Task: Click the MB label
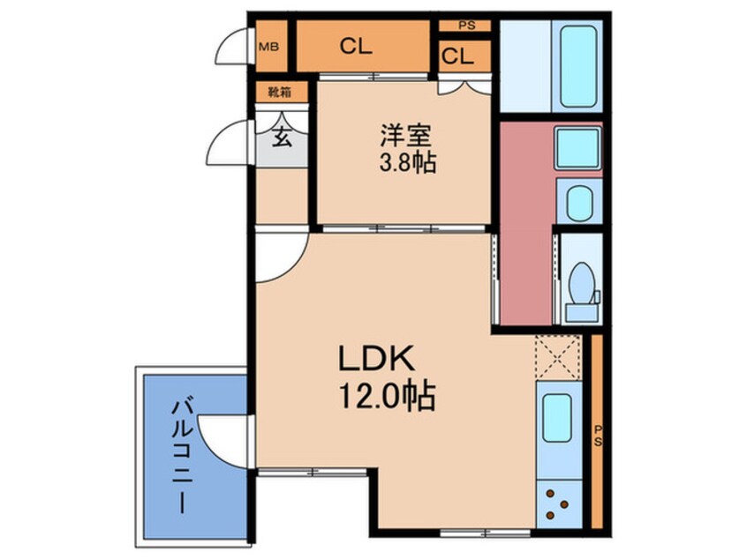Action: (x=268, y=47)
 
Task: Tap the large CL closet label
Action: (x=356, y=47)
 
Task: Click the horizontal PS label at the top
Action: (x=467, y=26)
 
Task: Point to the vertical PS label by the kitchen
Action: (x=598, y=435)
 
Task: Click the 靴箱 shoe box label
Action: (x=280, y=93)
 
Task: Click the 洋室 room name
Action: (x=405, y=136)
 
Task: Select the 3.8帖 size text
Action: (x=407, y=163)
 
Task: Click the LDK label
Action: (x=376, y=358)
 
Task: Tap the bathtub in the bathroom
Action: (x=578, y=65)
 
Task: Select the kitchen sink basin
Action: (x=557, y=418)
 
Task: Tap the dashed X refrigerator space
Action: (x=558, y=357)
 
